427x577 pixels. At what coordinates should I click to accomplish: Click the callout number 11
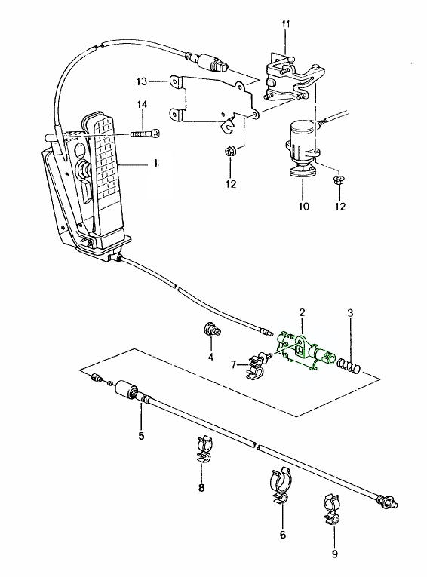(x=286, y=24)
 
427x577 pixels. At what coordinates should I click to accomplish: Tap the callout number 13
(x=142, y=81)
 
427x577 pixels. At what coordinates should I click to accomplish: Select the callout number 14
(x=143, y=105)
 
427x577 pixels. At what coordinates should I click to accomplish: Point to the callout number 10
(x=304, y=207)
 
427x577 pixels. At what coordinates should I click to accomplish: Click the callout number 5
(x=141, y=436)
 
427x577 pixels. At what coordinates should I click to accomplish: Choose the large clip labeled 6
(x=281, y=486)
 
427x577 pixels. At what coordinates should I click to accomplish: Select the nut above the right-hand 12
(x=339, y=181)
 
